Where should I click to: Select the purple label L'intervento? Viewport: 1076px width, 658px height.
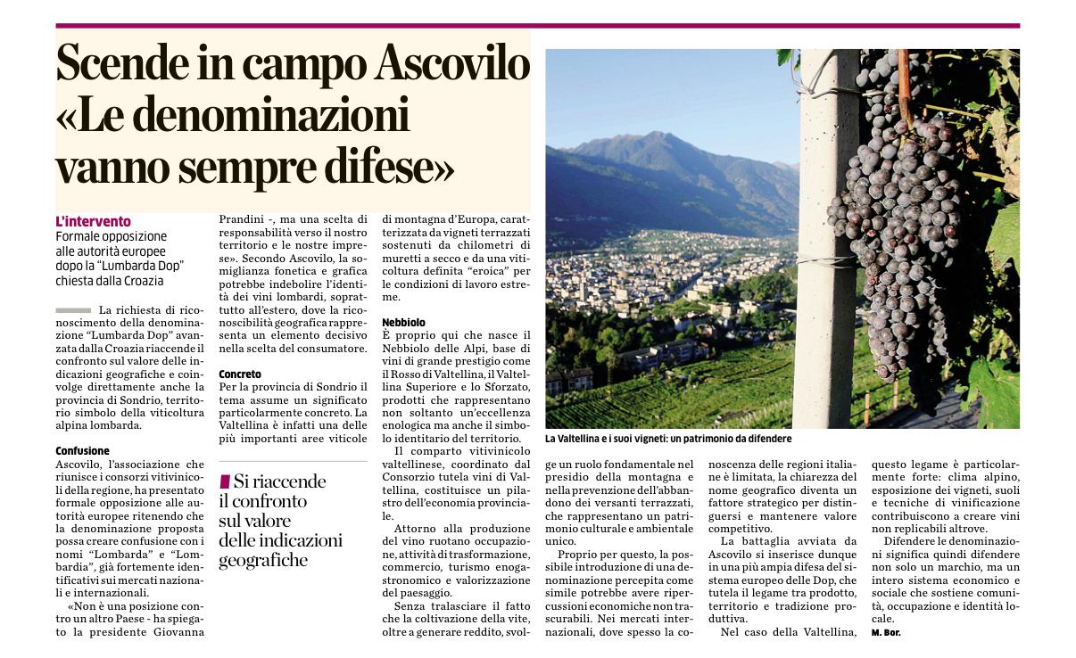pos(93,221)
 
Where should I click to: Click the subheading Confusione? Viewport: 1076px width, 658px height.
pos(82,451)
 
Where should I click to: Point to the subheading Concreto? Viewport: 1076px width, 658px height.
pos(240,374)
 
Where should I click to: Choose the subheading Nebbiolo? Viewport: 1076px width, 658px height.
pos(403,321)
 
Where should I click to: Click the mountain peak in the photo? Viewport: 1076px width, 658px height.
pos(660,136)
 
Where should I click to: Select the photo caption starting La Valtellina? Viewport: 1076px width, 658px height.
pos(668,440)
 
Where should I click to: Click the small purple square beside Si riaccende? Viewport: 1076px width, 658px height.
pos(225,481)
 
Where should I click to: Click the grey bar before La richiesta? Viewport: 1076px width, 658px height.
pos(72,309)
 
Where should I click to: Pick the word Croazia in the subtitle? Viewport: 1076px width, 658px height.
pos(141,281)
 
